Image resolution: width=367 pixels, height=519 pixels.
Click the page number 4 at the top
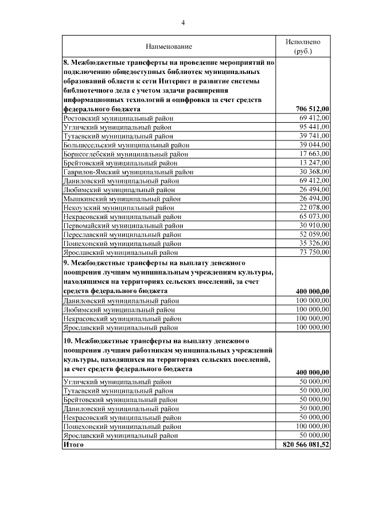click(183, 23)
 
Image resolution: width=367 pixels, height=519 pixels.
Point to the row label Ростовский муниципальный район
click(118, 118)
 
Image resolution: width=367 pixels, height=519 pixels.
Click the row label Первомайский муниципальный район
click(123, 225)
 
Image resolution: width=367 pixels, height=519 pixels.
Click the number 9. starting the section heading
click(66, 262)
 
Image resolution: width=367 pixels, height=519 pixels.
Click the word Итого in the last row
click(73, 444)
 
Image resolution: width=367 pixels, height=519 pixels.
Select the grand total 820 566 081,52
click(306, 445)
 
